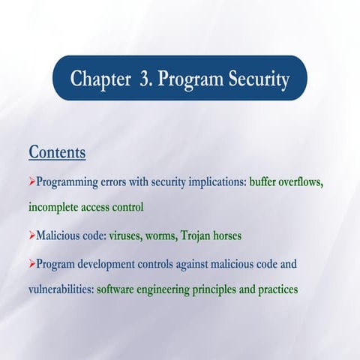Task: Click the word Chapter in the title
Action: coord(100,79)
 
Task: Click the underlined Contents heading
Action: coord(57,152)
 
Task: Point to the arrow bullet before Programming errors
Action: coord(31,181)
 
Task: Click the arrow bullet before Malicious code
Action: coord(31,235)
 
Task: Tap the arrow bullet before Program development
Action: coord(31,263)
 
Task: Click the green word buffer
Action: coord(265,181)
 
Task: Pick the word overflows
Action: coord(307,181)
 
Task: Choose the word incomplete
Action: coord(55,206)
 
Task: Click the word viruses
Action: coord(127,235)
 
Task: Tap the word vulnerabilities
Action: coord(60,288)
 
